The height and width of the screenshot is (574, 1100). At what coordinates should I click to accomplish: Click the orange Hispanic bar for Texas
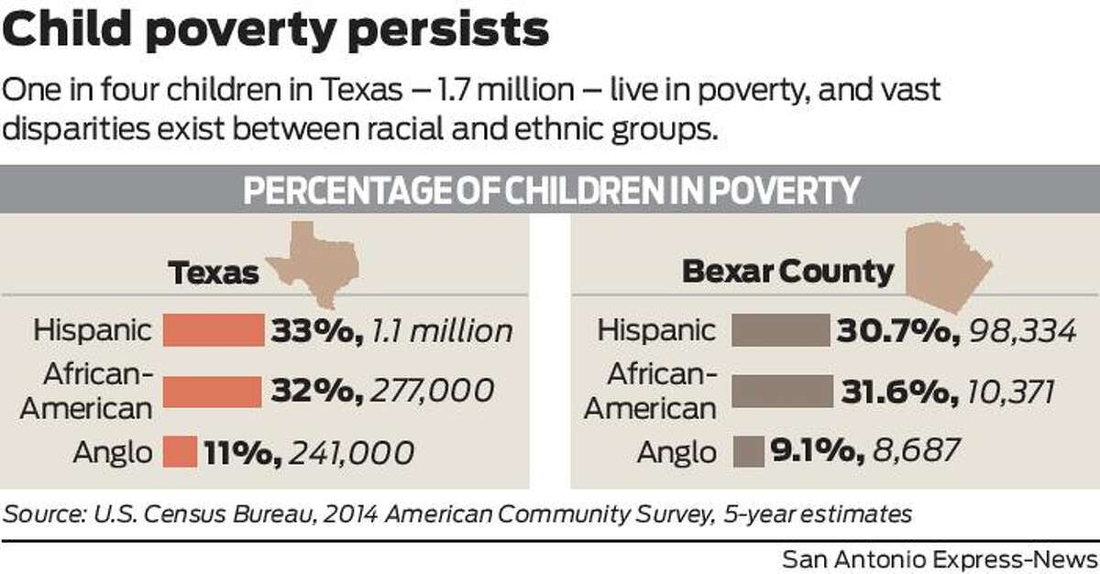213,330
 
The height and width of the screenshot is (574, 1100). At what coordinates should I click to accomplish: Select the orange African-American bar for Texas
212,392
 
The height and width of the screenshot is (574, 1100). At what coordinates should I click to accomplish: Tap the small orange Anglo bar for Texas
181,451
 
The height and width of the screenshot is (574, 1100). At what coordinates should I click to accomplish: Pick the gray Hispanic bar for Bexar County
779,330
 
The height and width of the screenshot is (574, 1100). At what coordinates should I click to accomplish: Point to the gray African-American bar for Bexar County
782,392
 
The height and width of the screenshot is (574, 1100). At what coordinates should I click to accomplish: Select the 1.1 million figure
439,331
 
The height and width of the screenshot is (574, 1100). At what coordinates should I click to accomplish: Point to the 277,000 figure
432,392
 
